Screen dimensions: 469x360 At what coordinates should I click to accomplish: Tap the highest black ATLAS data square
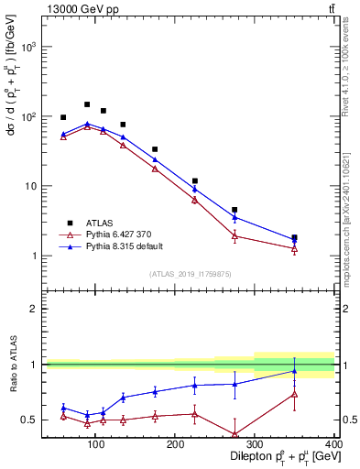(87, 104)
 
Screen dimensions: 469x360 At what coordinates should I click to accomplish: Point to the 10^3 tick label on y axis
(27, 46)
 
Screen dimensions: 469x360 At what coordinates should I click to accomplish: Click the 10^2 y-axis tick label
(27, 116)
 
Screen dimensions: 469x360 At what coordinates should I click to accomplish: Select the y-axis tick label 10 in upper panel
(30, 186)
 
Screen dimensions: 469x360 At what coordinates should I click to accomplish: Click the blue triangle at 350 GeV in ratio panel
(294, 371)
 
